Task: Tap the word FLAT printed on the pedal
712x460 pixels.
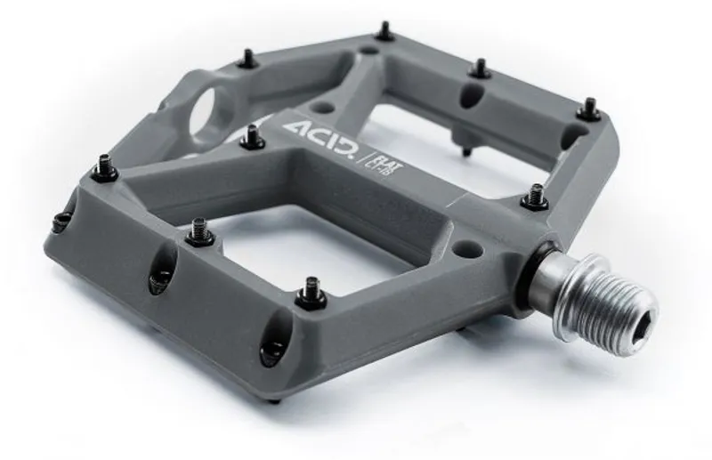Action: pos(376,141)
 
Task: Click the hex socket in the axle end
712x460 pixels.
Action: pos(642,311)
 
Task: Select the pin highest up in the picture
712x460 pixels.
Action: pos(384,33)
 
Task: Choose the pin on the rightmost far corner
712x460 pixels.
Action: pos(587,109)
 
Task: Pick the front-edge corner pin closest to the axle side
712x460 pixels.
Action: pos(311,292)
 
